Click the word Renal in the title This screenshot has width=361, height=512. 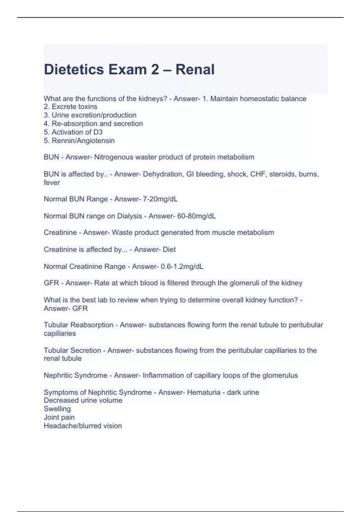click(x=195, y=70)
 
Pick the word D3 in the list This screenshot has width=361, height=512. click(x=98, y=132)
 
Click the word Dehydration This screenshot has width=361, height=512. click(x=163, y=174)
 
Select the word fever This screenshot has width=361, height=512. click(x=52, y=183)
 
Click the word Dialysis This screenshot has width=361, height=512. click(x=129, y=216)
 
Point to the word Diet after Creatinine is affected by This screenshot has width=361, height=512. click(x=169, y=250)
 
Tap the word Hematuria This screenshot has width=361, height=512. click(x=203, y=392)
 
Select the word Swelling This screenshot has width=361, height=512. click(x=57, y=409)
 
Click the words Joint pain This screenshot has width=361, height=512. click(x=59, y=417)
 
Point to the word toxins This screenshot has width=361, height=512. click(x=87, y=107)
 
